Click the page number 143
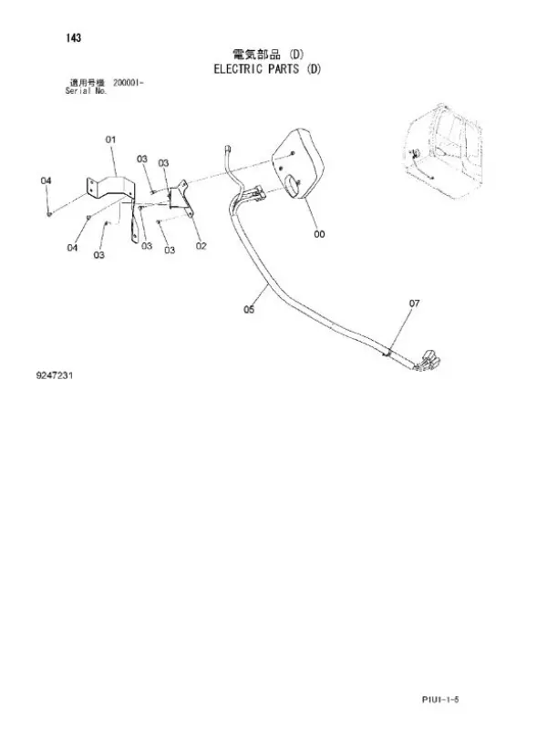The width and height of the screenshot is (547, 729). (x=74, y=38)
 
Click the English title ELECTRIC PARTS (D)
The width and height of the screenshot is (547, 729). (x=267, y=69)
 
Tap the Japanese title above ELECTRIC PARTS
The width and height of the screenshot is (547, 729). (x=268, y=55)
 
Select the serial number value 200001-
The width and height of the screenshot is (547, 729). (x=129, y=83)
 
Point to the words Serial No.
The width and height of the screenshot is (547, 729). (x=86, y=91)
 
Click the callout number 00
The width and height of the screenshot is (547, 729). (x=319, y=234)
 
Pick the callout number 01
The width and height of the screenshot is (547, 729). (x=110, y=139)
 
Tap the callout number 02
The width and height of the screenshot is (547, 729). (x=201, y=245)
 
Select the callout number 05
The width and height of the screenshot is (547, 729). (x=249, y=309)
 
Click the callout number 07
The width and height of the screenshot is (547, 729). (x=414, y=303)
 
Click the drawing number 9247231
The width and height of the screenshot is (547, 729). (x=55, y=375)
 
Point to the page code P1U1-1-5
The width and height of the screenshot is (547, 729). (x=440, y=699)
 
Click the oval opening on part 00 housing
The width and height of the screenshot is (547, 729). (x=292, y=184)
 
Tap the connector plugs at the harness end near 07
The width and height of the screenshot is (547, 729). (x=428, y=362)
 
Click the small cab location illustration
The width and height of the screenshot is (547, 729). (x=443, y=151)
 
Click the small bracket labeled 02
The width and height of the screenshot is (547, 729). (x=181, y=197)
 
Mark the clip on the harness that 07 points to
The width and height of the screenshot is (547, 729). (x=387, y=353)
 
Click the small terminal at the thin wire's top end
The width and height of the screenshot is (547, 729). (x=227, y=149)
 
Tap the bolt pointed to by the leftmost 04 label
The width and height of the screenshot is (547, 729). (x=49, y=213)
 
